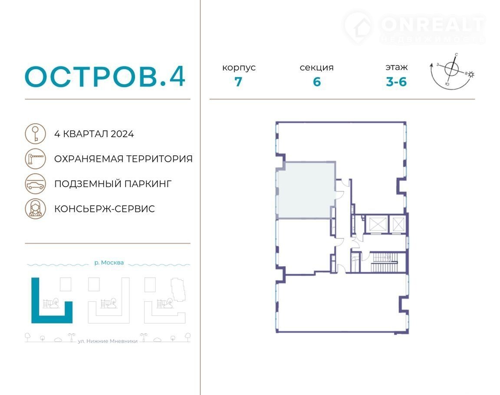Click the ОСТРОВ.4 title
pos(105,76)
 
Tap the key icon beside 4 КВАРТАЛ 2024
pos(36,134)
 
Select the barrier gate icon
pos(36,159)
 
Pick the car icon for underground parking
pos(36,184)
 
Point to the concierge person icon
pos(36,209)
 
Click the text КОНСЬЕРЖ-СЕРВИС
pos(105,209)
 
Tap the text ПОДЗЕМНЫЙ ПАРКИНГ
pos(113,184)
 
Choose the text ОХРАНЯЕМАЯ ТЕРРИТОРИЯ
pos(123,159)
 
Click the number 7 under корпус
pos(239,82)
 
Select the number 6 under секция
pos(317,82)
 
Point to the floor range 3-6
pos(396,82)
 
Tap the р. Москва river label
pos(109,263)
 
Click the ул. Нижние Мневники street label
pos(108,341)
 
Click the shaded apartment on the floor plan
pos(306,190)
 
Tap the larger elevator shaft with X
pos(378,224)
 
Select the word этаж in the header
pos(396,67)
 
